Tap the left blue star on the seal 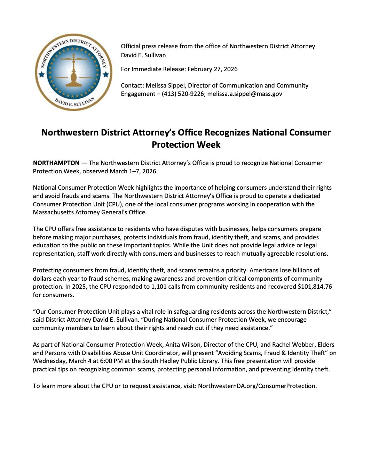(x=41, y=74)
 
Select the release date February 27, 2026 (x=212, y=69)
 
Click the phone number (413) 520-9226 (x=183, y=94)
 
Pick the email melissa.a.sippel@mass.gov (x=245, y=94)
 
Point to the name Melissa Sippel (x=165, y=85)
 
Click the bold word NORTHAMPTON (x=56, y=163)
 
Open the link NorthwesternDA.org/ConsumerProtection (x=257, y=386)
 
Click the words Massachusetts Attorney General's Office (x=89, y=212)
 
